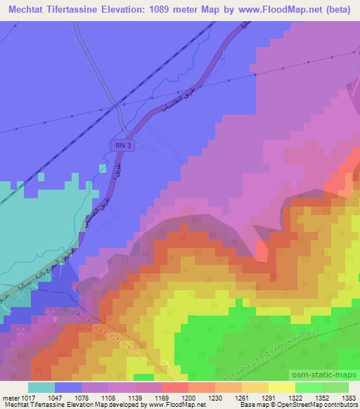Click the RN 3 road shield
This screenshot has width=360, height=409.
tap(122, 144)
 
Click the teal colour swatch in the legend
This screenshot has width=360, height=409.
tap(41, 387)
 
